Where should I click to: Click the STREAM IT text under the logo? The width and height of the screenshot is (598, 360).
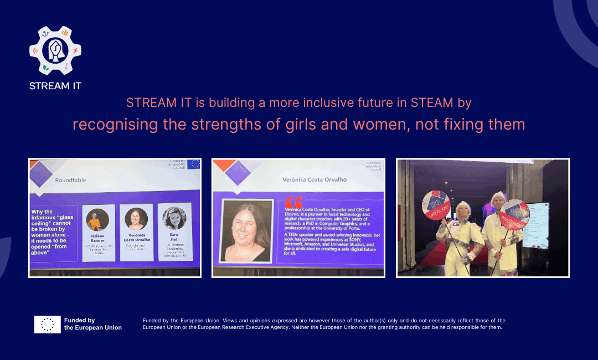(x=55, y=86)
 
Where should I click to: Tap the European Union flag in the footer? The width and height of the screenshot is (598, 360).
(x=47, y=324)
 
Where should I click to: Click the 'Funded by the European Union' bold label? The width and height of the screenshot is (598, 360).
(x=92, y=324)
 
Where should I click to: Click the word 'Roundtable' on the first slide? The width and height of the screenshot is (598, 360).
(x=70, y=180)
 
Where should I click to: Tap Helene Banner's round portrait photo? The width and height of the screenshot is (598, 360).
(x=98, y=220)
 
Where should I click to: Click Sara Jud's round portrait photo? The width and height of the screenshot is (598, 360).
(x=174, y=218)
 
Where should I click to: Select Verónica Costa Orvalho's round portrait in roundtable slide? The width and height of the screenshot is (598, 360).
(x=136, y=219)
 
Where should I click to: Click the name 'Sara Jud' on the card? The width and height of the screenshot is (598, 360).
(x=174, y=238)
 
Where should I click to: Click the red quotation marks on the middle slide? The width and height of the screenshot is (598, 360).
(x=294, y=202)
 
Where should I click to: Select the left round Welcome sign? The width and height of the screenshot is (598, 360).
(x=436, y=204)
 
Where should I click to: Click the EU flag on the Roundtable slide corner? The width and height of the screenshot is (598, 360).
(x=194, y=164)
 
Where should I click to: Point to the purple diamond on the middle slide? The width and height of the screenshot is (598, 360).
(x=238, y=172)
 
